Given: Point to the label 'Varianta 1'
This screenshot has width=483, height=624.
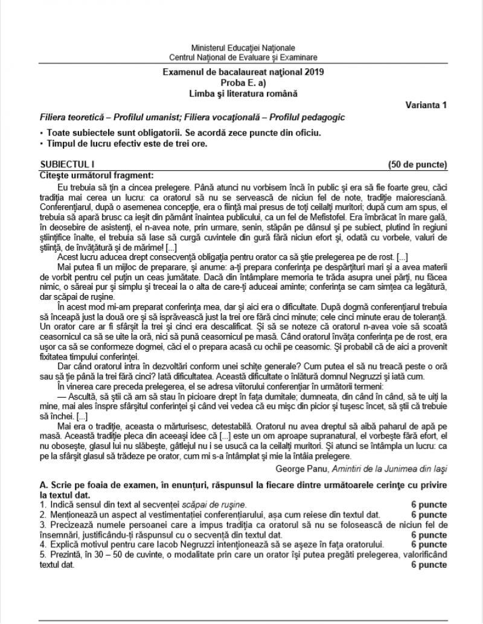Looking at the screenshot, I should (x=426, y=106).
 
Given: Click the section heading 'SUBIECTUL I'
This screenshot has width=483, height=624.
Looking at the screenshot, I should (x=67, y=164).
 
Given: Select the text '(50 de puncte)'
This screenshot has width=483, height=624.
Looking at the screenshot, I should (x=417, y=164).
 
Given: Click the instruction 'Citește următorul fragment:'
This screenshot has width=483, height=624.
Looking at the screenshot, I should (x=97, y=176).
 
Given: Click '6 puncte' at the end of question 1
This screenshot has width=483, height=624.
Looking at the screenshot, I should (x=429, y=505).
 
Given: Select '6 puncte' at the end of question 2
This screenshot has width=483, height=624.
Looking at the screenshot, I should (x=429, y=515).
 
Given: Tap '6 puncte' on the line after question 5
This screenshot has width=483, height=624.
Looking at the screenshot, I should (x=429, y=565).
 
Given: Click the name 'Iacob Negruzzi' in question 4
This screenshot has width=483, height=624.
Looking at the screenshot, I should (x=162, y=545).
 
